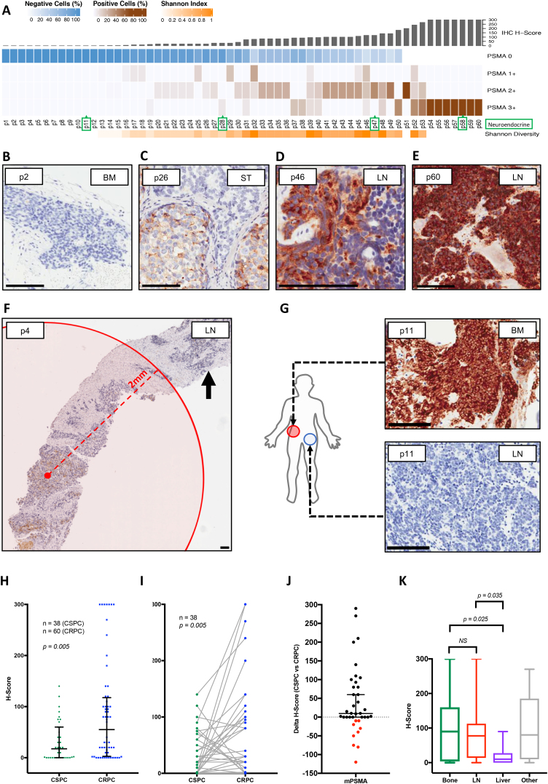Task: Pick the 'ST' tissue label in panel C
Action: point(241,154)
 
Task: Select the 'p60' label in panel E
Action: point(426,154)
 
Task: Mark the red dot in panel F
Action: point(47,475)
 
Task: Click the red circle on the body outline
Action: point(292,430)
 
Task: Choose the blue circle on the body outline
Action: point(310,439)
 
